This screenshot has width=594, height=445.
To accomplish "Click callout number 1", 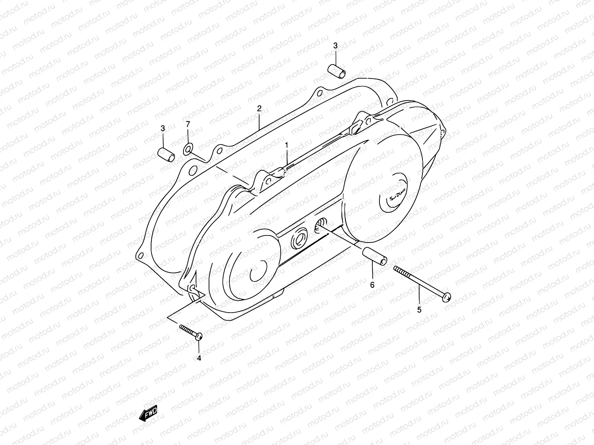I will (x=286, y=145).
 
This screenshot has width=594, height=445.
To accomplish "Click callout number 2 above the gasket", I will (x=259, y=108).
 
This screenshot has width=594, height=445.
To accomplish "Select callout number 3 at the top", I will (x=335, y=46).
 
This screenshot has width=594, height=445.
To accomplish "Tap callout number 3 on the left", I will (x=163, y=128).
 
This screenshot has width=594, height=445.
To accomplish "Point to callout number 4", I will (x=199, y=358).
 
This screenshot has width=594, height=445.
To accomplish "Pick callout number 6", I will (x=372, y=285).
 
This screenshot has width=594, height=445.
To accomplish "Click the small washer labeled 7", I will (x=188, y=149).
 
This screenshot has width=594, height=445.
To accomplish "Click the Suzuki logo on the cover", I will (x=397, y=195).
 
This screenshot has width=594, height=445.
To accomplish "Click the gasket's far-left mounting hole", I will (x=140, y=256).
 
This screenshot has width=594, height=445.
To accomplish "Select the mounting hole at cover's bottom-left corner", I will (x=192, y=288).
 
